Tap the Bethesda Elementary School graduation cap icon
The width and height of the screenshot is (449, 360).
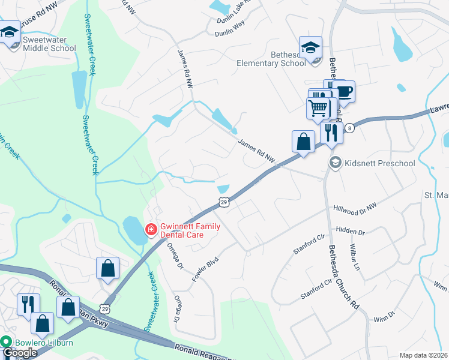[x=310, y=47]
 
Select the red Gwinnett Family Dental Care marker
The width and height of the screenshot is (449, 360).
[x=151, y=229]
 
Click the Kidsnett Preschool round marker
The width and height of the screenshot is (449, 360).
[x=335, y=163]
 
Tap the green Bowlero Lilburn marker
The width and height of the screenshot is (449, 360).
[x=7, y=342]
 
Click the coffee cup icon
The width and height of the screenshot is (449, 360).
[x=344, y=91]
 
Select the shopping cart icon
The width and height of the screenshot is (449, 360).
[x=318, y=108]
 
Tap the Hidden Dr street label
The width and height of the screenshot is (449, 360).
[x=351, y=231]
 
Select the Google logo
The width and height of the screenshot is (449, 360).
[x=19, y=353]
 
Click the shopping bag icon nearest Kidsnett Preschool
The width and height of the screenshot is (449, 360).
[x=304, y=142]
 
